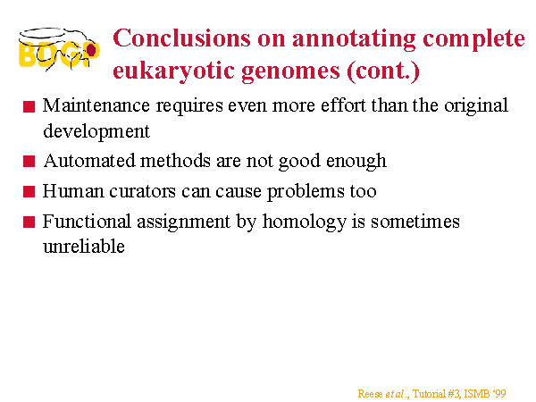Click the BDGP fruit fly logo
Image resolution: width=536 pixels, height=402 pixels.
click(59, 49)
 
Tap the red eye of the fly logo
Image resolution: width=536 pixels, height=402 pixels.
click(91, 50)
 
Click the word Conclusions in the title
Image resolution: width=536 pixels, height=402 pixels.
click(181, 38)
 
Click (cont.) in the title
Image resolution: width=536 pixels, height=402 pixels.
click(383, 71)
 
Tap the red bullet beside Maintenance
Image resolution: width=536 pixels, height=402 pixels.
click(29, 106)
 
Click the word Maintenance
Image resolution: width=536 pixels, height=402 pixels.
click(96, 105)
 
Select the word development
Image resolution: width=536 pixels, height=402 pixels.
click(96, 131)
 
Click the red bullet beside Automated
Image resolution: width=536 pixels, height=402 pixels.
click(29, 161)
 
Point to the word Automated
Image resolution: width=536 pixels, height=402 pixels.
click(89, 160)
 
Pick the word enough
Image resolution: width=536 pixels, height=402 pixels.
click(356, 162)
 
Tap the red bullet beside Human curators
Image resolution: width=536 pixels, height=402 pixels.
click(29, 191)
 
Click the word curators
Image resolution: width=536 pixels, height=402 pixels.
click(143, 191)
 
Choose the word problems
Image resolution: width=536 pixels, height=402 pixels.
click(306, 191)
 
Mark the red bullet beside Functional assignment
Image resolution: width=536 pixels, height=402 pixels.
click(29, 222)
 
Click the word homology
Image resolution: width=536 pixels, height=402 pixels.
click(305, 222)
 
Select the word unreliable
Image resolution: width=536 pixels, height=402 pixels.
click(84, 247)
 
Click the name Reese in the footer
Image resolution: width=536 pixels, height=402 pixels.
click(370, 394)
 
